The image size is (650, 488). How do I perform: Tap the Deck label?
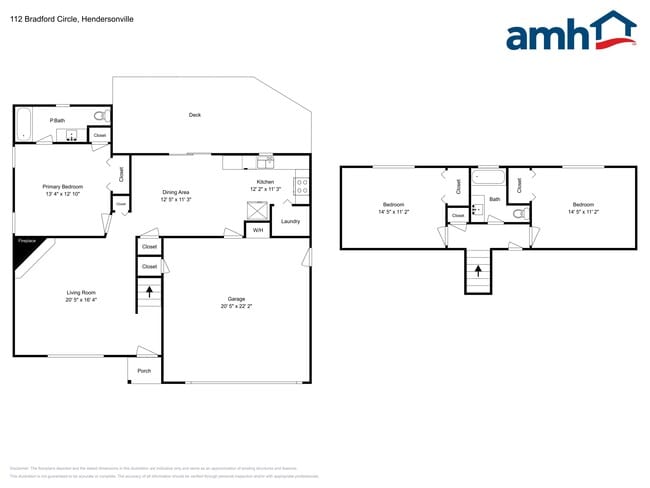(195, 115)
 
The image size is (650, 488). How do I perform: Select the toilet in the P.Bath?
(100, 117)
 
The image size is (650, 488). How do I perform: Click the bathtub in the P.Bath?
(23, 124)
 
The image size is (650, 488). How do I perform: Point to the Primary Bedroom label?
(62, 187)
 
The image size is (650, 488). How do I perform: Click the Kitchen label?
(265, 182)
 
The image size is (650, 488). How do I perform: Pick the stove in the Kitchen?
(301, 187)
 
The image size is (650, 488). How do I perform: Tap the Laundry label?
(291, 221)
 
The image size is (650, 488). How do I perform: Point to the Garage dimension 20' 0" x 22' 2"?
(236, 306)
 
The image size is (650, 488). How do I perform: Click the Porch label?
(144, 371)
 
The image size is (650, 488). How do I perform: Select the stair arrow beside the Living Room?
(150, 292)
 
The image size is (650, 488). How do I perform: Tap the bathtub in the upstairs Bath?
(489, 179)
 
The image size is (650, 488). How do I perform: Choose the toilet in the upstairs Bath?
(518, 213)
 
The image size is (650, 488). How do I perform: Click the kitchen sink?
(266, 162)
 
